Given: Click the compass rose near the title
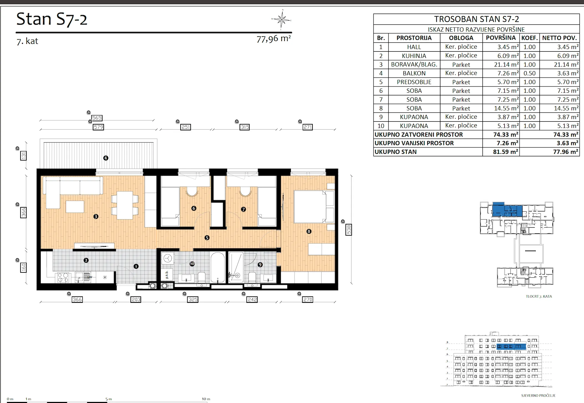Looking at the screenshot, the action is point(281,20).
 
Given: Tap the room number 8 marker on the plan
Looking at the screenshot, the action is point(309,231).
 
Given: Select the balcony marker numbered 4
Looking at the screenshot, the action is point(106,158).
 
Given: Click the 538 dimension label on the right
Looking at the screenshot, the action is point(349,230).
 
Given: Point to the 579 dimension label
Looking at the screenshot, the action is point(98,127).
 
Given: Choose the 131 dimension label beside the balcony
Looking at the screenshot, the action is point(24,156).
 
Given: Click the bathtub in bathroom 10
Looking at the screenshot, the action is point(217,267).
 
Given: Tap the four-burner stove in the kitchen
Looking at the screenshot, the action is point(63,278).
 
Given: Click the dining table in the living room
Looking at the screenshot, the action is point(125,205).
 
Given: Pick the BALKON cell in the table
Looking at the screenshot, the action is point(414,73).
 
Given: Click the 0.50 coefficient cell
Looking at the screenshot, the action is point(529,73).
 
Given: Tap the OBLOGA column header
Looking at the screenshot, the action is point(461,38).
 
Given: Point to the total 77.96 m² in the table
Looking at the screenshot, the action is point(565,152).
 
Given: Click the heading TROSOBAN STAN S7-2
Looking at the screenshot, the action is point(477,19).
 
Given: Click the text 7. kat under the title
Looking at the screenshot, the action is point(27,41).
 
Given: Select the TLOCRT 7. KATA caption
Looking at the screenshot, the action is point(539,296).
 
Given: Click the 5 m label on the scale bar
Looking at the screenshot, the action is point(109,399).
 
